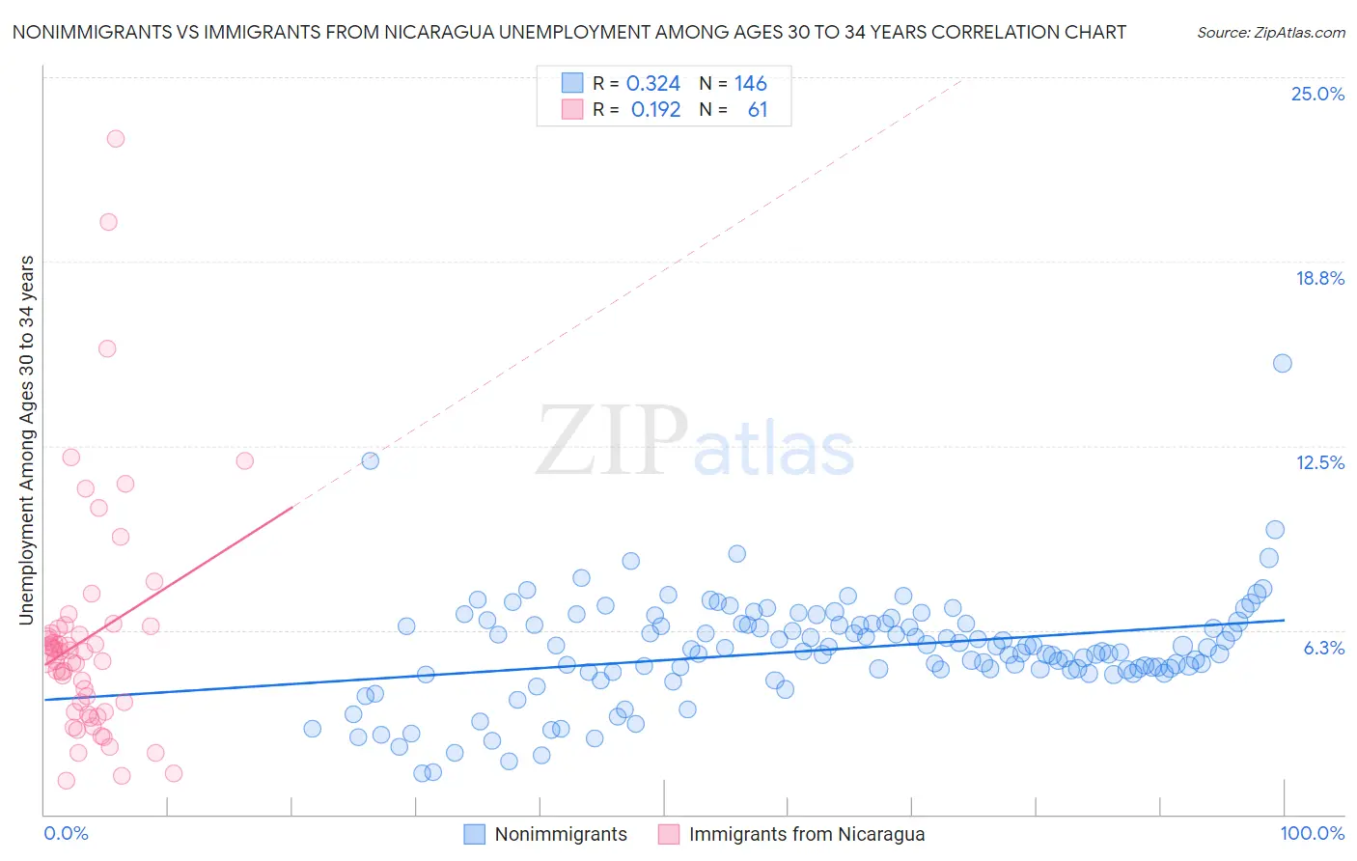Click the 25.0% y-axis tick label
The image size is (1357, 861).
pos(1317,95)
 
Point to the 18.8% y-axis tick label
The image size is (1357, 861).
pos(1319,279)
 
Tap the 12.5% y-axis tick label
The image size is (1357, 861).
pos(1319,463)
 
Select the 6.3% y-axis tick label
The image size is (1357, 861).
pos(1323,648)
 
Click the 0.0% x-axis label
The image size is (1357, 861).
pos(66,833)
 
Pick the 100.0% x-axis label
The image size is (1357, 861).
pos(1312,833)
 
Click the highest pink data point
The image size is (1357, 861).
pos(116,138)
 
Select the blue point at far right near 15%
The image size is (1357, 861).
pos(1282,363)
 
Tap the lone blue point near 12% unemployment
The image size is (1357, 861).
pos(370,460)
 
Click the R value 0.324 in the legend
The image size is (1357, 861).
pos(653,84)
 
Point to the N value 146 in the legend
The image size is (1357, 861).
pos(750,84)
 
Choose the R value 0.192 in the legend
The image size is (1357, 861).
pos(655,110)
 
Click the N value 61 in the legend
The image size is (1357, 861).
pos(758,110)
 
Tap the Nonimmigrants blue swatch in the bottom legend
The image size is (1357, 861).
pos(474,834)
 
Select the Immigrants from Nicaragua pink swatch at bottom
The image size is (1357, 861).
pos(668,834)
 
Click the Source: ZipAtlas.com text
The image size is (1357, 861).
pos(1270,33)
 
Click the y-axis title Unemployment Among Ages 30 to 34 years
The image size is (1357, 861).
pos(26,440)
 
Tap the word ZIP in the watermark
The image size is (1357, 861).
pos(611,441)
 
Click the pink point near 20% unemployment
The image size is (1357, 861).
pos(109,222)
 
